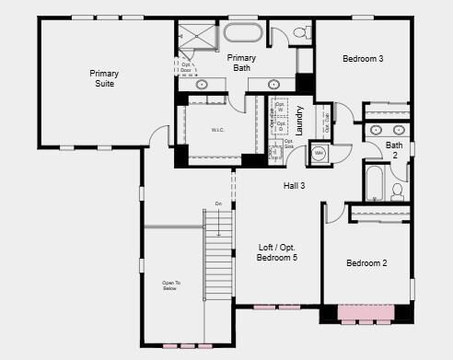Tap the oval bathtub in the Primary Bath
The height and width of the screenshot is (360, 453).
coord(242,35)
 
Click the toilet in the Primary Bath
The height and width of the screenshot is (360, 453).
coord(301,34)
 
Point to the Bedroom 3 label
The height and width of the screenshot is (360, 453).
coord(363,59)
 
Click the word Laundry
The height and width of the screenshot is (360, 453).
coord(300,120)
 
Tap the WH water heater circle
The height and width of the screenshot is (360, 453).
coord(319,153)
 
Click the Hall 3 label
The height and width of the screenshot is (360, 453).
coord(294,186)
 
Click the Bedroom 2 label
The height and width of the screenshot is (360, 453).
coord(366,263)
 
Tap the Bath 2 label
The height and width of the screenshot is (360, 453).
coord(394,149)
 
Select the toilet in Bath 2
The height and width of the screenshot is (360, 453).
coord(398,192)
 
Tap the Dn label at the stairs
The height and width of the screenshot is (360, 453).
coord(218,203)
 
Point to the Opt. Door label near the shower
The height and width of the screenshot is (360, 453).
coord(186,68)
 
